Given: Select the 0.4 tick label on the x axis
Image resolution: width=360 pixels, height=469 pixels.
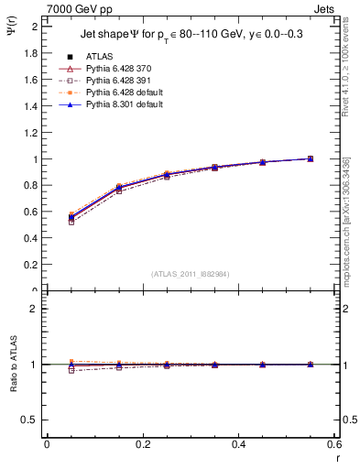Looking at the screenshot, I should [x=239, y=444].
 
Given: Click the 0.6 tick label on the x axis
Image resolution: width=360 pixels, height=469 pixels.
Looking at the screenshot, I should [x=335, y=444].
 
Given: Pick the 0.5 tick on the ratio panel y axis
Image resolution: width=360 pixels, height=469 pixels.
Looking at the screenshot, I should [x=30, y=420].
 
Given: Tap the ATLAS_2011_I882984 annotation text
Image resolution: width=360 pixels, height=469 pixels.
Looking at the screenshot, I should [x=191, y=274].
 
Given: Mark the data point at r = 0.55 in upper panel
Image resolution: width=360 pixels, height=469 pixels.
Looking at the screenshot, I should [x=311, y=158].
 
